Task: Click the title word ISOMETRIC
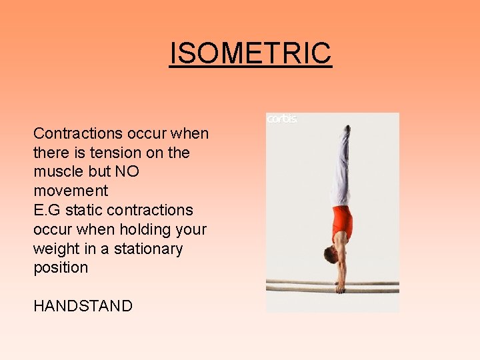coord(250,53)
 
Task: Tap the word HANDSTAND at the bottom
coord(83,306)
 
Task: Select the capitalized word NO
coord(127,171)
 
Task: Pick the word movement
coord(71,191)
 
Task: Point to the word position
coord(61,268)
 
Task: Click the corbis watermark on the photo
coord(282,119)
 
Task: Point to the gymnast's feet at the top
coord(346,129)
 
